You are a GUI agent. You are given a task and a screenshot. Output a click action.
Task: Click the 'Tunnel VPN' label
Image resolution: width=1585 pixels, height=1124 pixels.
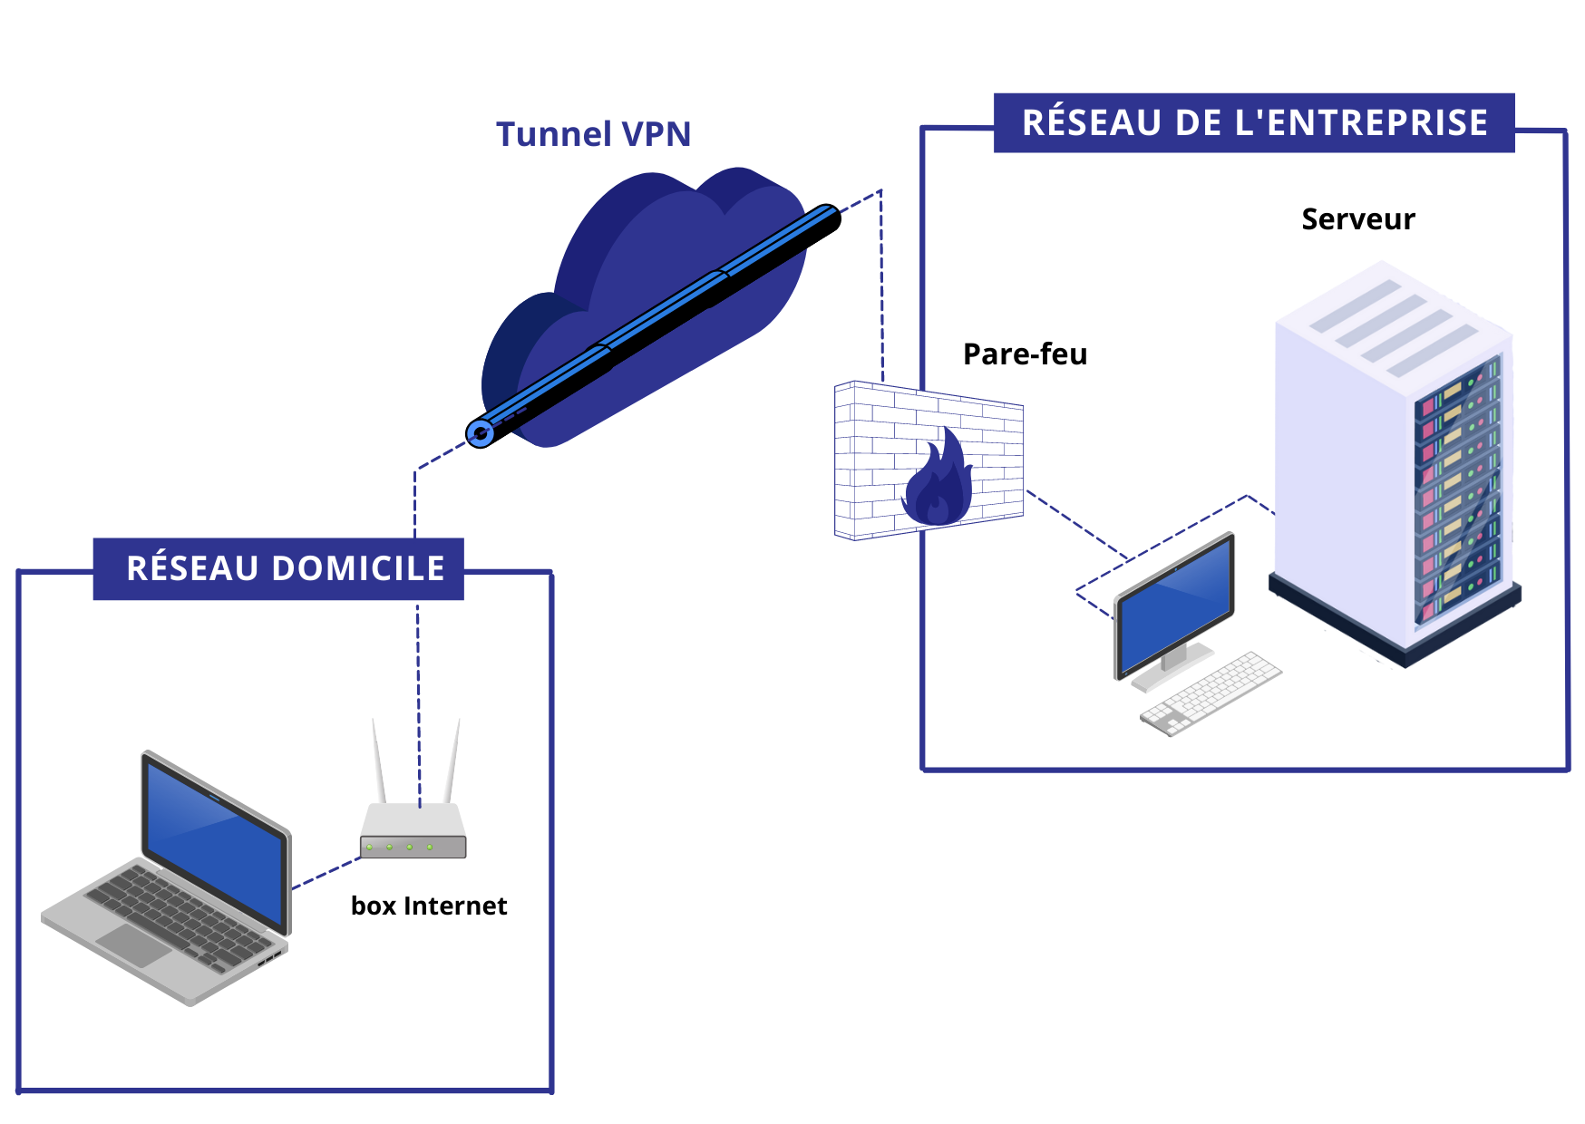tap(593, 134)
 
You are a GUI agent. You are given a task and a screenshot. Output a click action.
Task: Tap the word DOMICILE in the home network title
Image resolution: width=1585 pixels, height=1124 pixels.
tap(358, 568)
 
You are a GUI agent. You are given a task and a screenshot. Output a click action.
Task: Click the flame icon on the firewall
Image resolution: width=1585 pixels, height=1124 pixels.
tap(938, 480)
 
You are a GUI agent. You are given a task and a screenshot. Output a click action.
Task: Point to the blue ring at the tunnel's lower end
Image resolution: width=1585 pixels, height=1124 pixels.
tap(481, 433)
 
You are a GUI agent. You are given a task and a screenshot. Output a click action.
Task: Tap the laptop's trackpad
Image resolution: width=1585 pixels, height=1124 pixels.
tap(134, 944)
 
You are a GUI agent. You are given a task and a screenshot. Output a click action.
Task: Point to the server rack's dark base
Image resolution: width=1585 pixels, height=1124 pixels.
tap(1396, 635)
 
